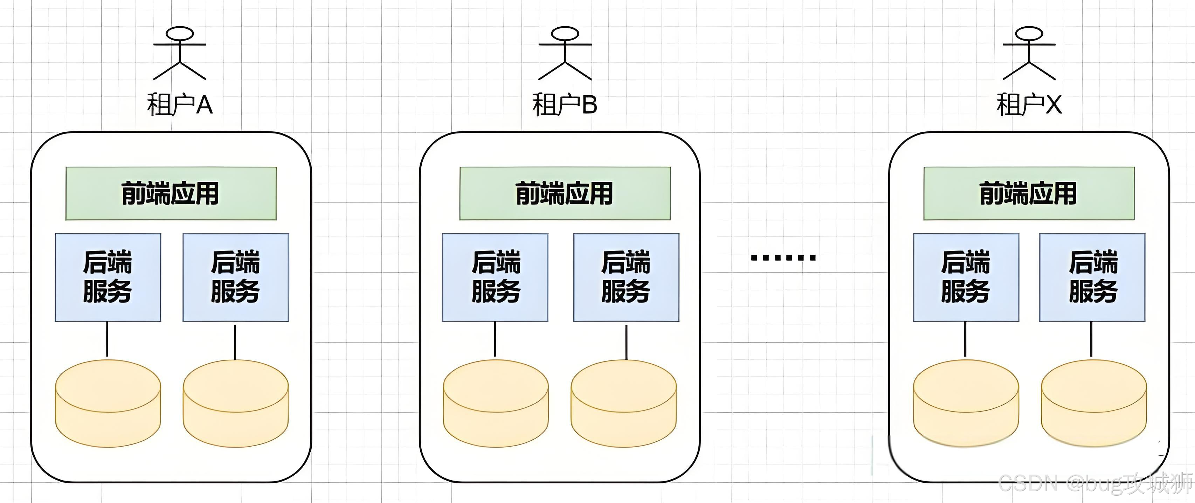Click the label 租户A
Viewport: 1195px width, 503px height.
(x=180, y=104)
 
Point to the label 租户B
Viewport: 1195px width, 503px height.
(x=565, y=104)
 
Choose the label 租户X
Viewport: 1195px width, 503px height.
(x=1029, y=104)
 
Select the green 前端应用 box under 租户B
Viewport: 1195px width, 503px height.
(x=565, y=193)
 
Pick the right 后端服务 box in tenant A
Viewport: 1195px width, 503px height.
(x=236, y=277)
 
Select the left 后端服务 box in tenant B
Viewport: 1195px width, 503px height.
(x=495, y=277)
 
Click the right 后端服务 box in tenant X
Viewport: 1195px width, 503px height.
(x=1092, y=277)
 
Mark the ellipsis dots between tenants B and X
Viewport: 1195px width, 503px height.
(x=783, y=257)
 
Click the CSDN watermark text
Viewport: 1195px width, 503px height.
(x=1095, y=483)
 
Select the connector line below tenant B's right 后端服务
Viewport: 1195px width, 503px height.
(x=626, y=342)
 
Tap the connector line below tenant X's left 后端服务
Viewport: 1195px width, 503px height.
(x=965, y=339)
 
